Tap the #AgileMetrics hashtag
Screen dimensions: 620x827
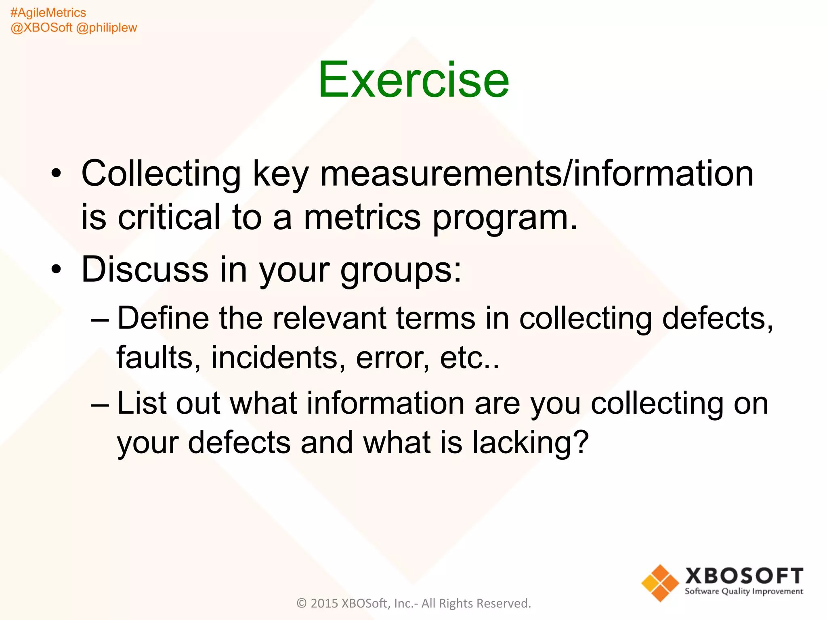pos(48,13)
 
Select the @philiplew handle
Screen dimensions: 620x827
pos(107,27)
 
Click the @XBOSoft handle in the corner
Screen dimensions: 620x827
pos(41,27)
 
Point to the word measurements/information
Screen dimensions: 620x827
pos(537,174)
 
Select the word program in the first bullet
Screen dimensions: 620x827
pos(505,218)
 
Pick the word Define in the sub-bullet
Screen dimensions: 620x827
pos(163,318)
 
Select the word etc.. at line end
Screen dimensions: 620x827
pos(469,358)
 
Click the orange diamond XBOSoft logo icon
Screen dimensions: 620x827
pos(660,583)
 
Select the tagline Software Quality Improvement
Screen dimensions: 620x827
pos(743,591)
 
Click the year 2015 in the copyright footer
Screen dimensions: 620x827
pos(324,603)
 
